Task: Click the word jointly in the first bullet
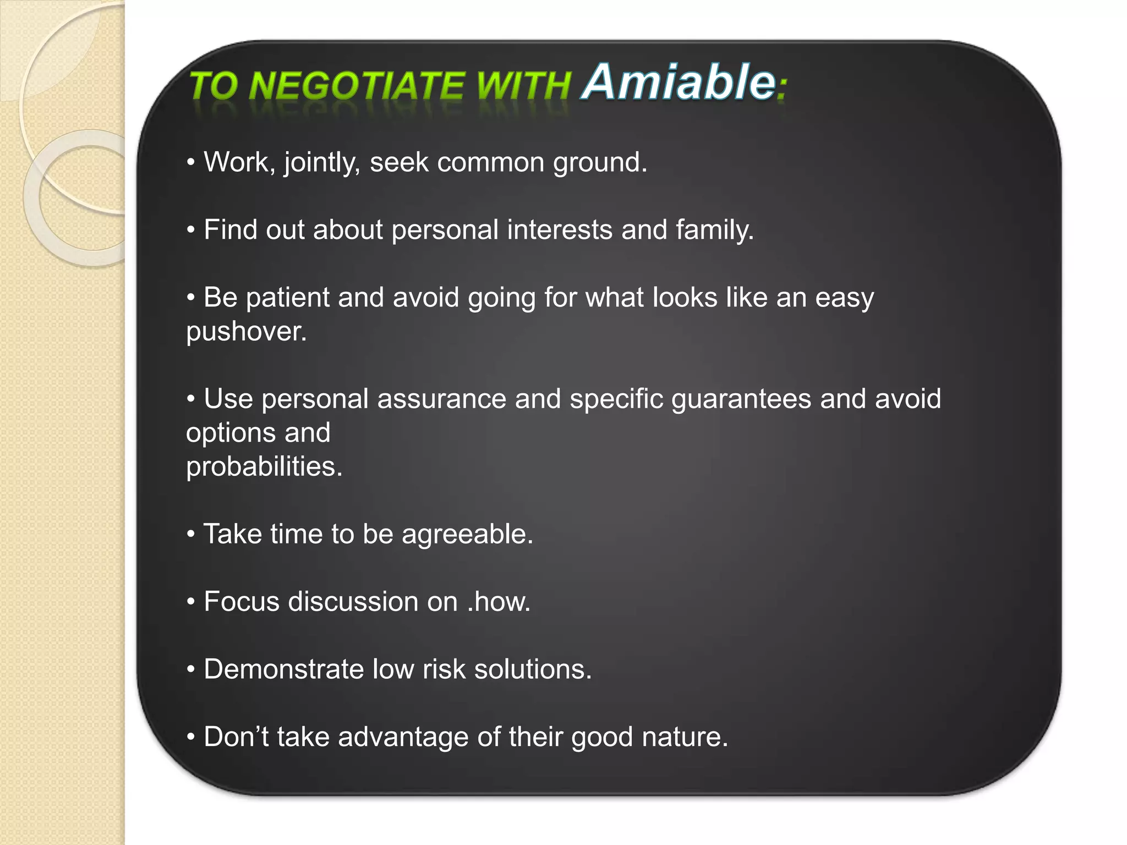(322, 163)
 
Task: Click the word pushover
(246, 332)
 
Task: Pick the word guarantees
(741, 399)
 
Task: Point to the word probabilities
(264, 467)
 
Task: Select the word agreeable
(467, 535)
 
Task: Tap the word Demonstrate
(283, 670)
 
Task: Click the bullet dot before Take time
(191, 534)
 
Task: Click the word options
(231, 434)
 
